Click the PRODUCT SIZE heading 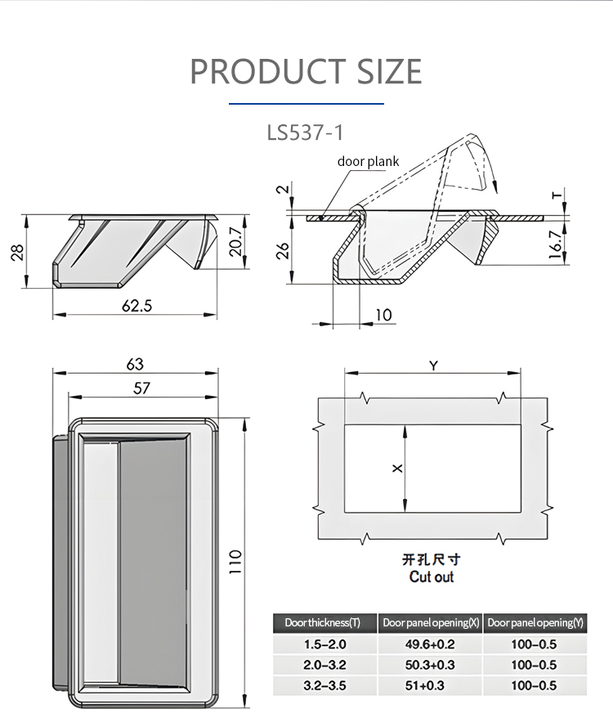coord(306,71)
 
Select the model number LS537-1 coord(306,132)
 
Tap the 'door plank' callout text coord(368,161)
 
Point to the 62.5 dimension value coord(136,306)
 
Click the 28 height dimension coord(17,253)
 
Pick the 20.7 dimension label coord(236,241)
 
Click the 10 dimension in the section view coord(383,315)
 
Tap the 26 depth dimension coord(284,250)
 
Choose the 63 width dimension coord(135,364)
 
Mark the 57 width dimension coord(141,388)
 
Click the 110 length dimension coord(235,562)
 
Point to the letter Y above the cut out coord(432,366)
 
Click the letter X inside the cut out coord(397,469)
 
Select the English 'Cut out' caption coord(432,577)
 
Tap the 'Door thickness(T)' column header coord(323,622)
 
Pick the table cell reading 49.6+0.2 coord(430,644)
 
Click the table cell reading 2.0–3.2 coord(324,665)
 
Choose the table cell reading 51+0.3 coord(425,685)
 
